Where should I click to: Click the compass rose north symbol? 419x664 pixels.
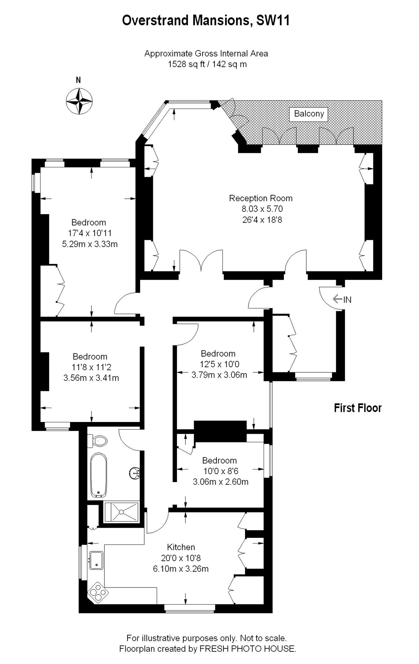pyautogui.click(x=79, y=101)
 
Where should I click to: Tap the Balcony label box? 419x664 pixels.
pyautogui.click(x=309, y=114)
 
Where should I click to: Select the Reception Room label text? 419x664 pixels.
pyautogui.click(x=260, y=198)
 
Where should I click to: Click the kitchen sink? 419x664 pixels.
pyautogui.click(x=96, y=560)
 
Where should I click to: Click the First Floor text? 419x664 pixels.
pyautogui.click(x=358, y=408)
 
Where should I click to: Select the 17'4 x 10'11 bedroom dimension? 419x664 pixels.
pyautogui.click(x=90, y=233)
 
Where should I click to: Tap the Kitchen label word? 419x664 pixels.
pyautogui.click(x=181, y=547)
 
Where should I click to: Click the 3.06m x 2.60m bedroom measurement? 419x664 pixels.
pyautogui.click(x=221, y=482)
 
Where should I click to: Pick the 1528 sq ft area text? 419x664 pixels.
pyautogui.click(x=207, y=64)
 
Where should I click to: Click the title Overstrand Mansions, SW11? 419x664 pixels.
pyautogui.click(x=206, y=21)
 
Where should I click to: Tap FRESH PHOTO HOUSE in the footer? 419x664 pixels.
pyautogui.click(x=247, y=649)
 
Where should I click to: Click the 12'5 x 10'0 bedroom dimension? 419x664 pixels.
pyautogui.click(x=219, y=364)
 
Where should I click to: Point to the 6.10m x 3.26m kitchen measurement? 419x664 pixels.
pyautogui.click(x=181, y=569)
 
